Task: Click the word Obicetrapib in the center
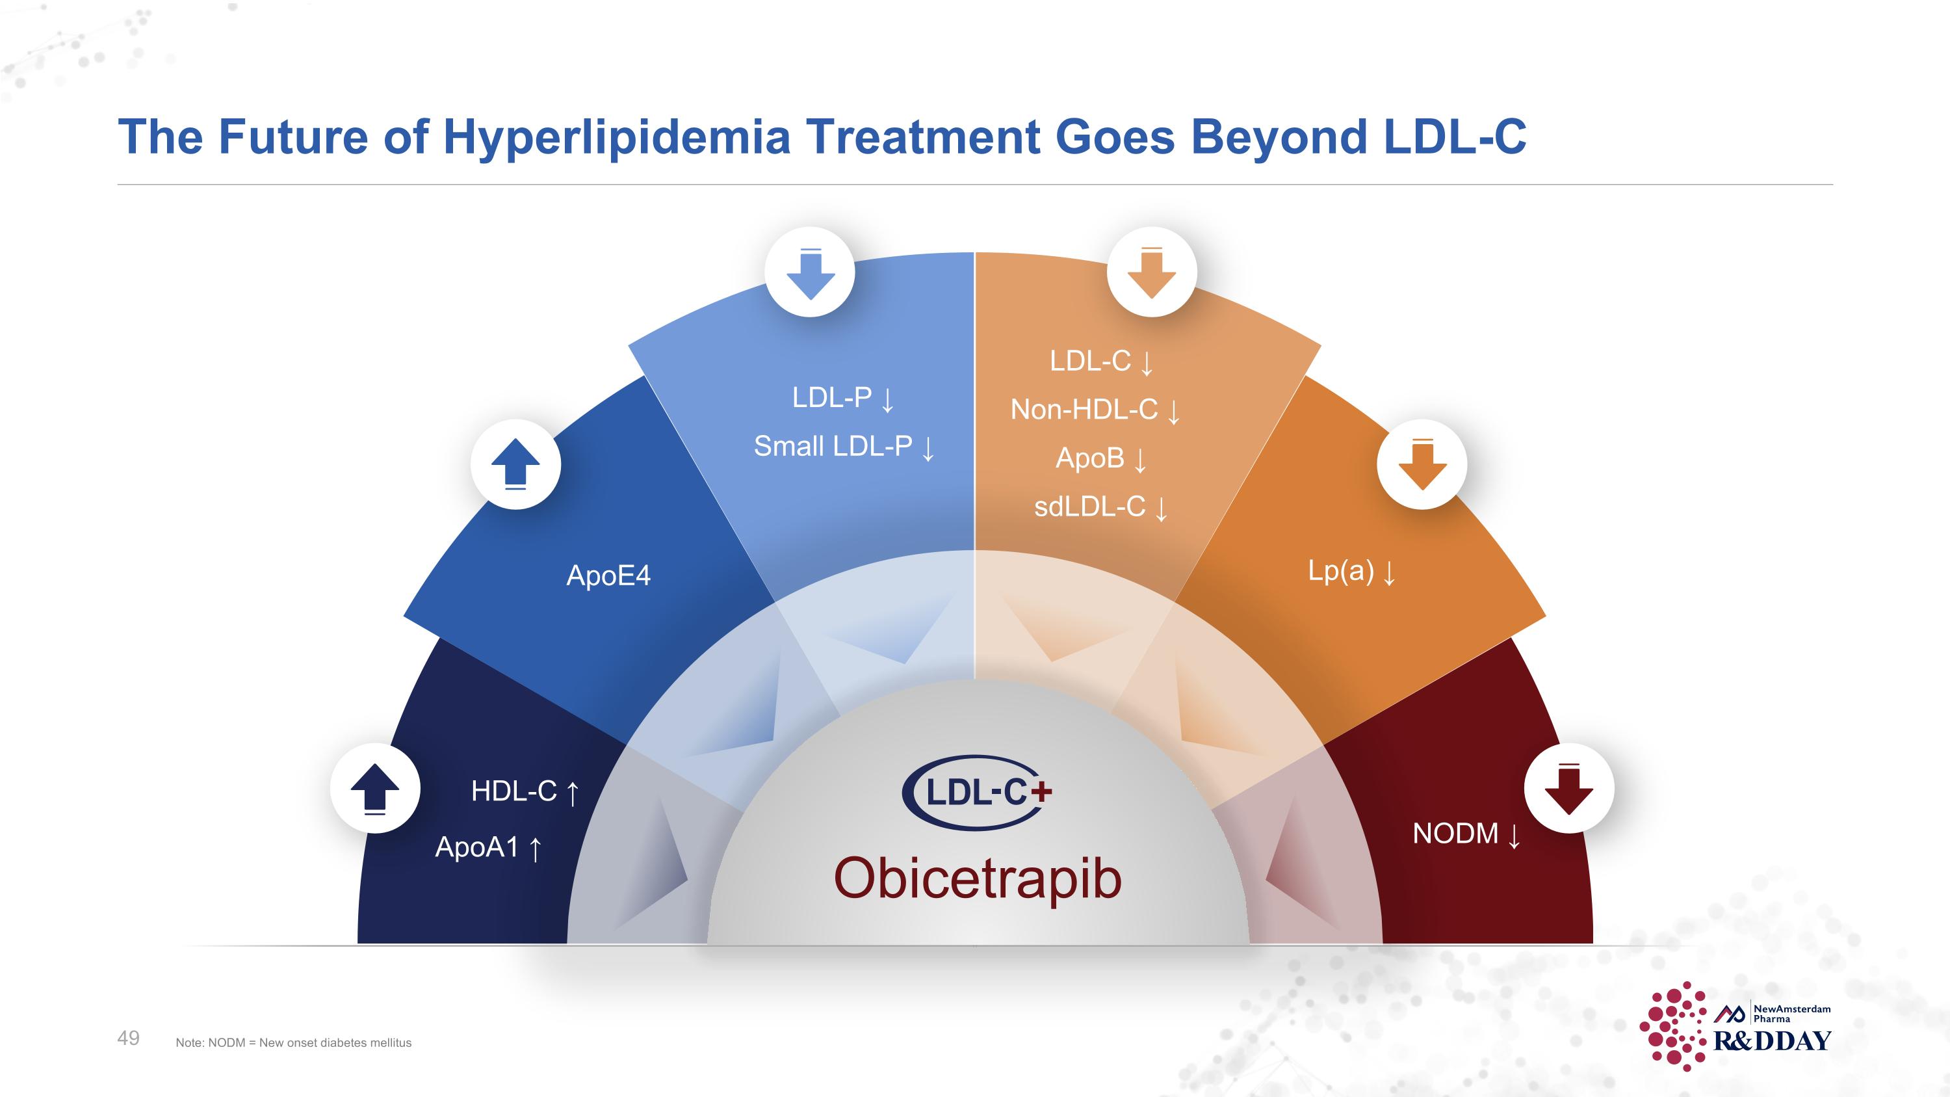(976, 879)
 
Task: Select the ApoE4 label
(608, 576)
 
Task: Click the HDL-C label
(515, 791)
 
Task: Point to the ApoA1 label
(478, 847)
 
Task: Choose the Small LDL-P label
(833, 447)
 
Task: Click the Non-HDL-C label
(1084, 410)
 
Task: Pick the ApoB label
(1090, 458)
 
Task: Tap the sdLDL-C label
(1090, 507)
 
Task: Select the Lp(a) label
(1340, 571)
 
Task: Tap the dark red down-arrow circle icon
(1568, 788)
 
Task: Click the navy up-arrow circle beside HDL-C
(374, 788)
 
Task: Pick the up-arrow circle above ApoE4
(515, 464)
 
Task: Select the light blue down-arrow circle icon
(810, 272)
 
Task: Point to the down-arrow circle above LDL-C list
(1151, 272)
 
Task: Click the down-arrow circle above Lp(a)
(1422, 464)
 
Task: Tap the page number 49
(128, 1038)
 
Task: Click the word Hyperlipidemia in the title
(616, 137)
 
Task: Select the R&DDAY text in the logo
(1772, 1041)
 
